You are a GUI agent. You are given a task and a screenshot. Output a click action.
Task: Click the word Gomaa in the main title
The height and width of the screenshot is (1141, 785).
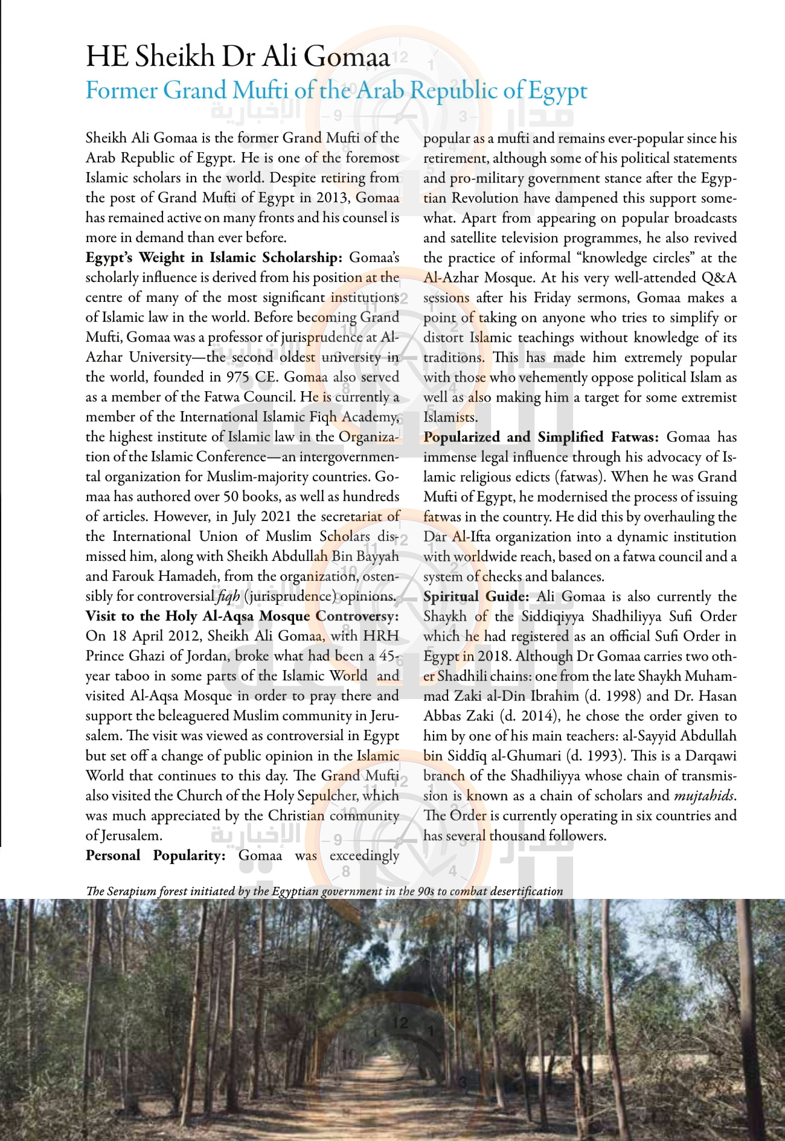(x=347, y=57)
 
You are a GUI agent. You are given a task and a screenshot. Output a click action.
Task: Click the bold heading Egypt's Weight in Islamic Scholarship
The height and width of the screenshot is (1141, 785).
(x=214, y=258)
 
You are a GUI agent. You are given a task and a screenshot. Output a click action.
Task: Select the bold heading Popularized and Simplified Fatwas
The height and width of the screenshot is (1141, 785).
(x=541, y=437)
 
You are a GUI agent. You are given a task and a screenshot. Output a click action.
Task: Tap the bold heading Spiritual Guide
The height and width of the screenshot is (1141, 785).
(x=476, y=596)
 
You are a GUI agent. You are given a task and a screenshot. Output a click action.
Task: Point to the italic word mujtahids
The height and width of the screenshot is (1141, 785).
(x=705, y=796)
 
